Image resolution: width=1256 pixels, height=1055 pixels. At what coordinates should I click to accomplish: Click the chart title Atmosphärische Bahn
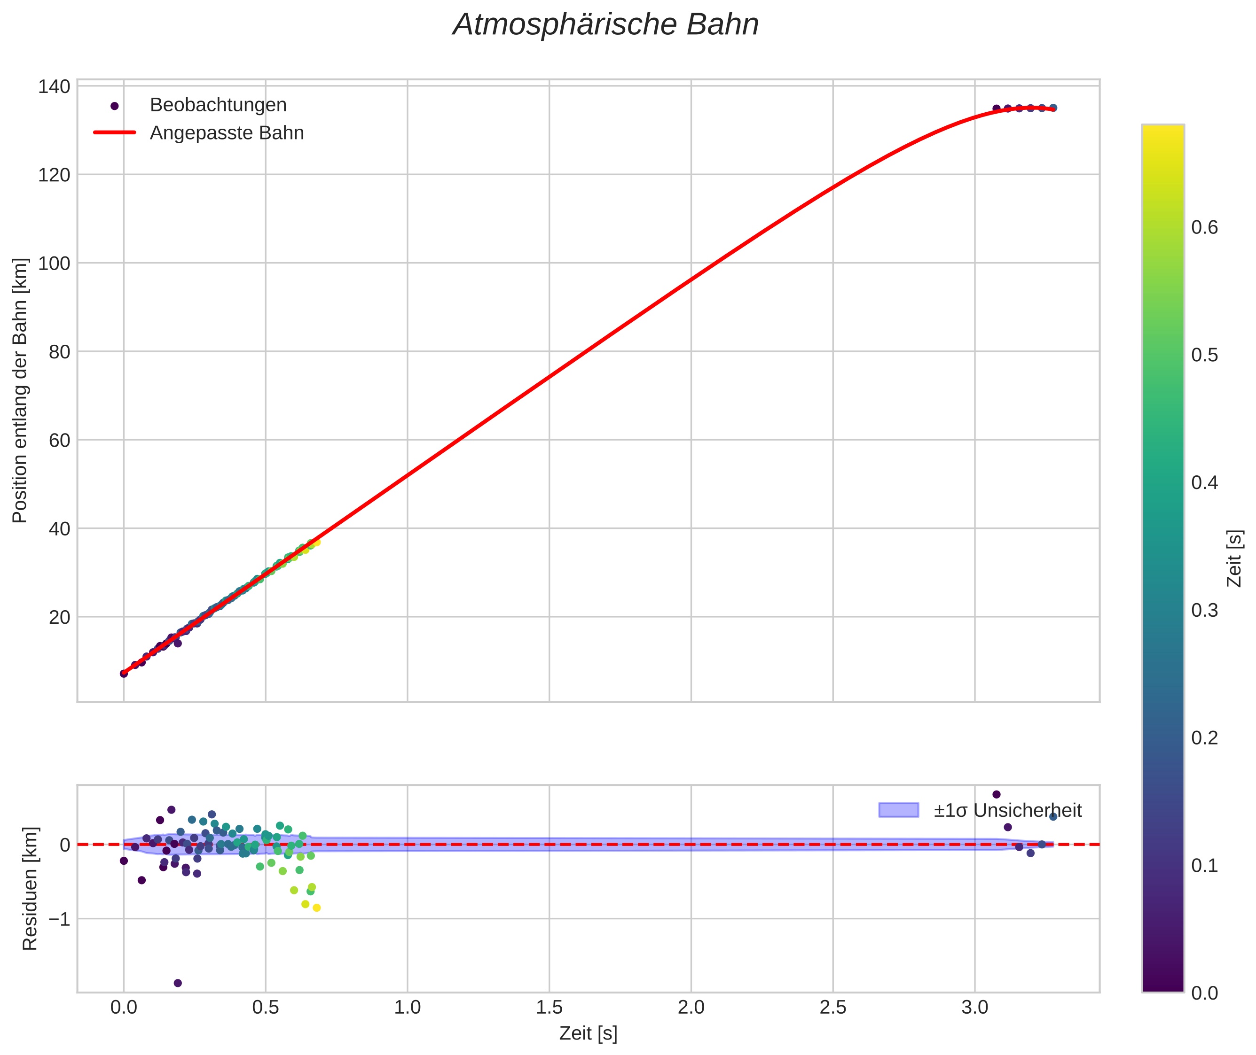pyautogui.click(x=605, y=25)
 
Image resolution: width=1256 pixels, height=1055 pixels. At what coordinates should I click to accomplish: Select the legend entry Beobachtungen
pyautogui.click(x=218, y=105)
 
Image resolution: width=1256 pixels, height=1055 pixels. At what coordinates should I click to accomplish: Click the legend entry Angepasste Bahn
pyautogui.click(x=227, y=133)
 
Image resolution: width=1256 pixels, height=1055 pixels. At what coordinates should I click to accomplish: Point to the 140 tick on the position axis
pyautogui.click(x=54, y=87)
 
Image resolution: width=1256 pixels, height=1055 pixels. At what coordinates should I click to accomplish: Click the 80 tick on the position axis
pyautogui.click(x=59, y=352)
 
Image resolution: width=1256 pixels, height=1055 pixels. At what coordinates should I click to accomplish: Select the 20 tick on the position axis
pyautogui.click(x=59, y=617)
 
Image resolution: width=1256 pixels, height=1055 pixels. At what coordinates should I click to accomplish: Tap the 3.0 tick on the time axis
pyautogui.click(x=975, y=1008)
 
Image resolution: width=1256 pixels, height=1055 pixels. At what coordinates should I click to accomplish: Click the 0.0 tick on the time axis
pyautogui.click(x=124, y=1008)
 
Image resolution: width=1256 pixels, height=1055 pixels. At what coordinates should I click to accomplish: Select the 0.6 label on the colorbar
pyautogui.click(x=1204, y=228)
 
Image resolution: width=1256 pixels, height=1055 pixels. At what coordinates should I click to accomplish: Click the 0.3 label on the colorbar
pyautogui.click(x=1204, y=611)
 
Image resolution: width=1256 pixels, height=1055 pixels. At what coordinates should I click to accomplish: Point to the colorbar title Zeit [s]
pyautogui.click(x=1234, y=559)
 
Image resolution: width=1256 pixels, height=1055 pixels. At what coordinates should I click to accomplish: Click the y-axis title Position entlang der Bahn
pyautogui.click(x=20, y=390)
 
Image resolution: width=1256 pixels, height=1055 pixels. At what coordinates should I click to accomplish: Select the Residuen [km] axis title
pyautogui.click(x=30, y=889)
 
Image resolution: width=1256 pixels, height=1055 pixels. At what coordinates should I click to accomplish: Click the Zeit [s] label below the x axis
pyautogui.click(x=588, y=1033)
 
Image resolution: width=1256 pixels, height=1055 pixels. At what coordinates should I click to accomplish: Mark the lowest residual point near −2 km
pyautogui.click(x=178, y=983)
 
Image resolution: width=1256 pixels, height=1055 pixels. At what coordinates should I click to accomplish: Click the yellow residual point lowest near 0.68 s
pyautogui.click(x=316, y=908)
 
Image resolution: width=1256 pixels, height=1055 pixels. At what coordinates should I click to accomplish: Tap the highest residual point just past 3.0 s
pyautogui.click(x=997, y=794)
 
